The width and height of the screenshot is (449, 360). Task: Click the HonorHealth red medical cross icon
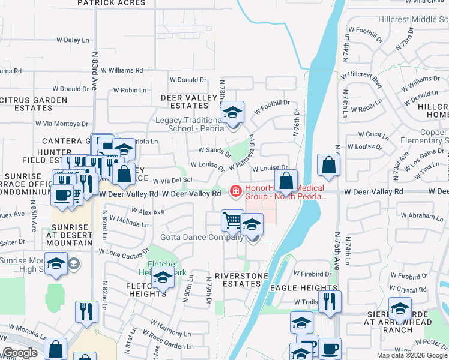[x=236, y=191]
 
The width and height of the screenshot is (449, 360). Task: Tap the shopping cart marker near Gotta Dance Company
[x=232, y=220]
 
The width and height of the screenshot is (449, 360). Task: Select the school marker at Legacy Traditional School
[x=232, y=112]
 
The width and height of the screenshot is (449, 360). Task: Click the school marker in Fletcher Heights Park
[x=163, y=278]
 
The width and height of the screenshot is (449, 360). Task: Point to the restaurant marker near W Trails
[x=330, y=301]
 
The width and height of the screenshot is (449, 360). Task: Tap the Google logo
[x=19, y=353]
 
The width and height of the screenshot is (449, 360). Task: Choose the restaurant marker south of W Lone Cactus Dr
[x=86, y=311]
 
